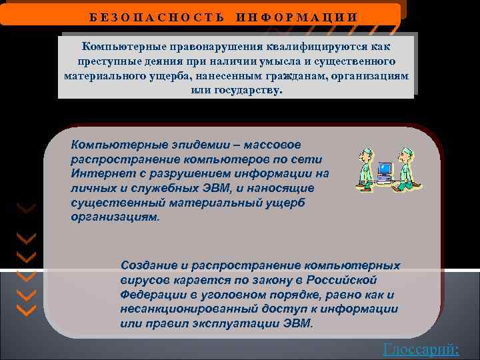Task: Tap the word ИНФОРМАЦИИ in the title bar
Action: tap(297, 16)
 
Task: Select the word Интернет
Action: tap(96, 174)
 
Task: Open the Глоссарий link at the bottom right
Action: tap(421, 349)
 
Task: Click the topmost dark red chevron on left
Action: tap(26, 209)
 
